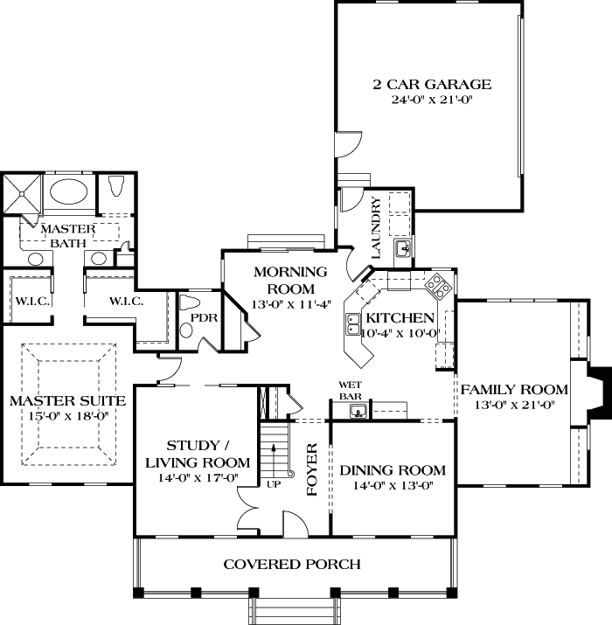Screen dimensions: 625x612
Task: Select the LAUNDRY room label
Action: [376, 227]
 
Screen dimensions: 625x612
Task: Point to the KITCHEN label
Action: [400, 317]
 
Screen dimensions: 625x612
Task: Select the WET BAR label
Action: [351, 390]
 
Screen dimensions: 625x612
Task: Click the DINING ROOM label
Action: [393, 469]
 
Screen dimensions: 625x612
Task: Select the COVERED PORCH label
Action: [292, 564]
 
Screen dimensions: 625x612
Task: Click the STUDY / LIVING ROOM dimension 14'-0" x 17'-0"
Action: [198, 478]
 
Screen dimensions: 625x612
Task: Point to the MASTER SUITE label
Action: [67, 400]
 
